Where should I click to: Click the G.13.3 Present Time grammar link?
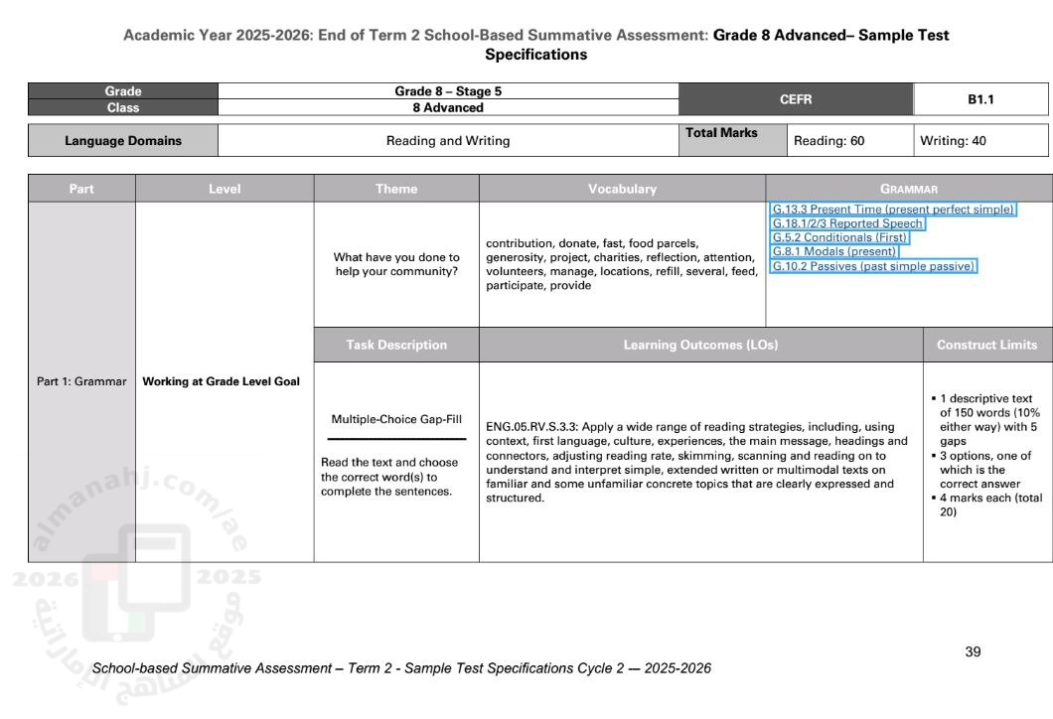893,210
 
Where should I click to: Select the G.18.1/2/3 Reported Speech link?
847,223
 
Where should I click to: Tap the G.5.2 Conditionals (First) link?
839,237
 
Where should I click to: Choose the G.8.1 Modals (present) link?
834,251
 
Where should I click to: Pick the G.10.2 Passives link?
874,266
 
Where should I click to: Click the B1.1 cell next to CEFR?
980,99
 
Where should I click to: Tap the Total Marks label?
721,133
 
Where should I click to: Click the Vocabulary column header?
622,189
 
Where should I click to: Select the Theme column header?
396,189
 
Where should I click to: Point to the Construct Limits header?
986,345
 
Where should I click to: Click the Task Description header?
396,345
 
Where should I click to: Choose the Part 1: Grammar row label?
81,381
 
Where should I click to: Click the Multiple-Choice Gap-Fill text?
396,418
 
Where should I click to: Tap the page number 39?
973,651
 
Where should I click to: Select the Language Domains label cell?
123,141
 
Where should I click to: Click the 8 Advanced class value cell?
447,107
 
